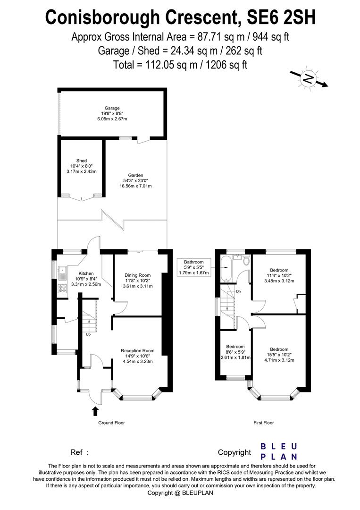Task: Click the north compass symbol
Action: point(309,79)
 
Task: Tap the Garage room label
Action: point(112,108)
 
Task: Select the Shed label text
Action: point(82,161)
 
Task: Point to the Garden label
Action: point(135,175)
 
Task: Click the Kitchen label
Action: point(86,273)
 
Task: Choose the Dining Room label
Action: point(137,275)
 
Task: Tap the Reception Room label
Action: point(137,350)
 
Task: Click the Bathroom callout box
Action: point(193,267)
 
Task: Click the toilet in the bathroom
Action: point(246,262)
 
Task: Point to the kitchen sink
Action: point(62,271)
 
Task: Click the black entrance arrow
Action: point(95,411)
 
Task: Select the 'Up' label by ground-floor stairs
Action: point(88,335)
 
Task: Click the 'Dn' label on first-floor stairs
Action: point(238,291)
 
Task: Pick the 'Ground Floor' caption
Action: point(111,423)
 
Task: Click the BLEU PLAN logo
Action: point(279,451)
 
